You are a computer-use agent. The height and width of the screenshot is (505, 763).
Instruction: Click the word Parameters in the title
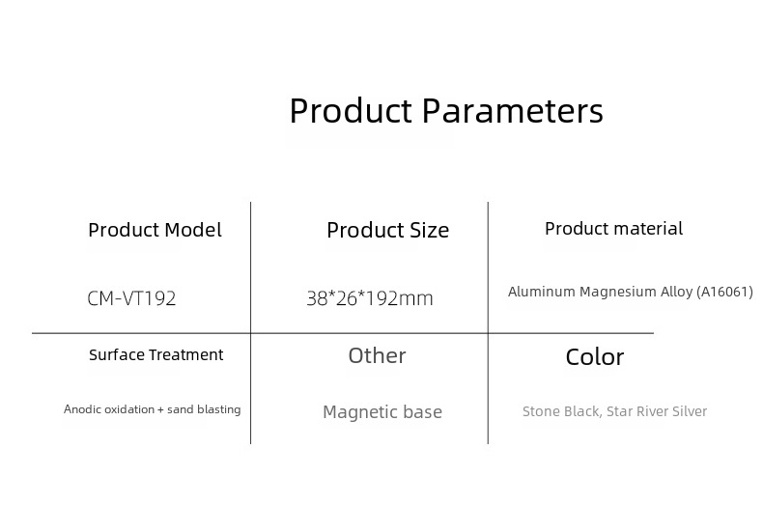pos(513,110)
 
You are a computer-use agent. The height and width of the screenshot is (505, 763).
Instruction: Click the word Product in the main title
pos(351,110)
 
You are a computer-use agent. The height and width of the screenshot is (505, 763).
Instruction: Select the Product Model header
pos(155,230)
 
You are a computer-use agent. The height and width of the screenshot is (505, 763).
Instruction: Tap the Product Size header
pos(388,230)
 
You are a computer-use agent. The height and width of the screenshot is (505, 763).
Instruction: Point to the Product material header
pos(613,228)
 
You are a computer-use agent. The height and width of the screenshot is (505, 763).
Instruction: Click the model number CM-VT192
pos(131,298)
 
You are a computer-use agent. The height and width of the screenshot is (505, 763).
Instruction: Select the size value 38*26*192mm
pos(370,298)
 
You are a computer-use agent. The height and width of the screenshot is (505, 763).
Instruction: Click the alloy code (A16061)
pos(725,292)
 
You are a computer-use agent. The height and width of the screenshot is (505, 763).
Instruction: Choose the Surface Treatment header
pos(156,354)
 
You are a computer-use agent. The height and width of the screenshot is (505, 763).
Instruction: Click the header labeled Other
pos(377,355)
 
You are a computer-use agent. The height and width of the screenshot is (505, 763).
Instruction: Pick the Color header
pos(595,356)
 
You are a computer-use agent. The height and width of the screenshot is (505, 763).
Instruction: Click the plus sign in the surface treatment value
pos(160,410)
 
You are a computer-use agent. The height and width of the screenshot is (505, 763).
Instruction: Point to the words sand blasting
pos(204,409)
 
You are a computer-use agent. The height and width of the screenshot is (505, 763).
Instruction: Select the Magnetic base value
pos(382,412)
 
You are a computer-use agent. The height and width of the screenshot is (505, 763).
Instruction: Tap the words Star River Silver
pos(657,411)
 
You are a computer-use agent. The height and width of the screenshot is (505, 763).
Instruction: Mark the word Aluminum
pos(542,292)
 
